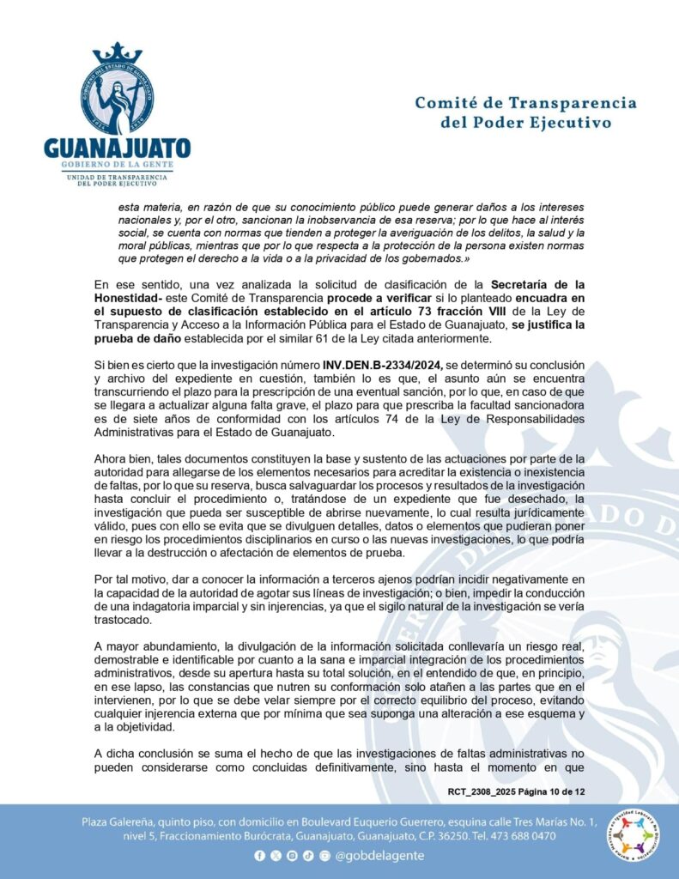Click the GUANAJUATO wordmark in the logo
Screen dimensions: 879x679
(117, 146)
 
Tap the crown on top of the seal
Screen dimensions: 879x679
(118, 53)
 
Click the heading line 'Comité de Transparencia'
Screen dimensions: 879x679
(525, 103)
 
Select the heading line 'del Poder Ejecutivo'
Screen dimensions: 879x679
(525, 123)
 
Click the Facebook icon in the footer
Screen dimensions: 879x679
(259, 856)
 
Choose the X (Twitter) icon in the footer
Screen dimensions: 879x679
(276, 856)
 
